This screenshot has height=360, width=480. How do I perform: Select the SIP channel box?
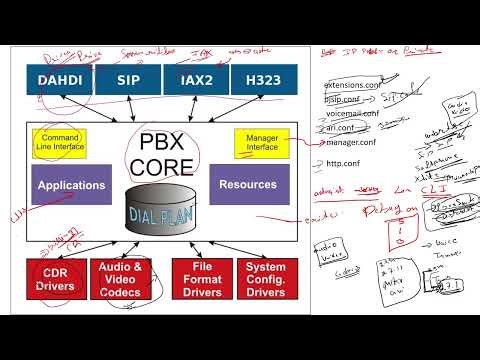126,80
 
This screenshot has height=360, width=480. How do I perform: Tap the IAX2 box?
194,80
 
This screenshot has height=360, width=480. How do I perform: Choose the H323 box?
260,80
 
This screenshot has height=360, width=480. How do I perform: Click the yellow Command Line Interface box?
59,143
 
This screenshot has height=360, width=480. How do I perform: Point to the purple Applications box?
71,185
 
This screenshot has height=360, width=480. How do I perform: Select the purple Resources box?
249,185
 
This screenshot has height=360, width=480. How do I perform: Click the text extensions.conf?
351,86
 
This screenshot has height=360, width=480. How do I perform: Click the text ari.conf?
341,128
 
